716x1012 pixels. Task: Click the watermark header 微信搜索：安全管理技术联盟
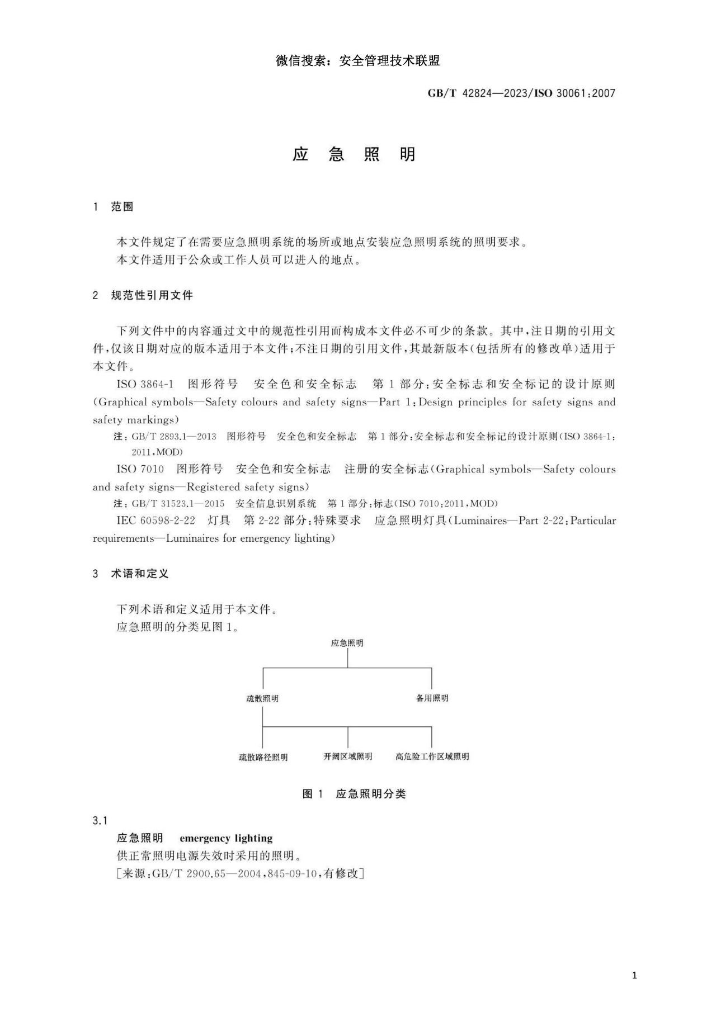click(357, 61)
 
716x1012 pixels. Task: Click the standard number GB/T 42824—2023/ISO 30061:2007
click(521, 93)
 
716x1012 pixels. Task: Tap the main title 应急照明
click(354, 154)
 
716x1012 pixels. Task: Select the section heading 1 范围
click(114, 207)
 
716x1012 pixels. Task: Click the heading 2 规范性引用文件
click(143, 295)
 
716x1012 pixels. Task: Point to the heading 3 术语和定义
click(131, 574)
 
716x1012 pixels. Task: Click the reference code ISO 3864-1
click(145, 384)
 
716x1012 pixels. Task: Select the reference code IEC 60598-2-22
click(156, 521)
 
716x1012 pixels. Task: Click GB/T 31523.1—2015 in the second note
click(178, 503)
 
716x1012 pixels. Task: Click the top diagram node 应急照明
click(347, 643)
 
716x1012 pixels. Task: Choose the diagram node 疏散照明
click(262, 698)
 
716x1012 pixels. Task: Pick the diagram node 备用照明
click(432, 698)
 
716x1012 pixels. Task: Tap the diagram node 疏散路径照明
click(263, 757)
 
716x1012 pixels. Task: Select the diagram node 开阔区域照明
click(347, 756)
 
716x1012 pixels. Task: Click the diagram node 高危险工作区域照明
click(432, 756)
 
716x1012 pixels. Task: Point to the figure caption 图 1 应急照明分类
click(354, 794)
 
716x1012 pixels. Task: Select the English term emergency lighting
click(226, 838)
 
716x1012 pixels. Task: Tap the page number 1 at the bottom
click(634, 976)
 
